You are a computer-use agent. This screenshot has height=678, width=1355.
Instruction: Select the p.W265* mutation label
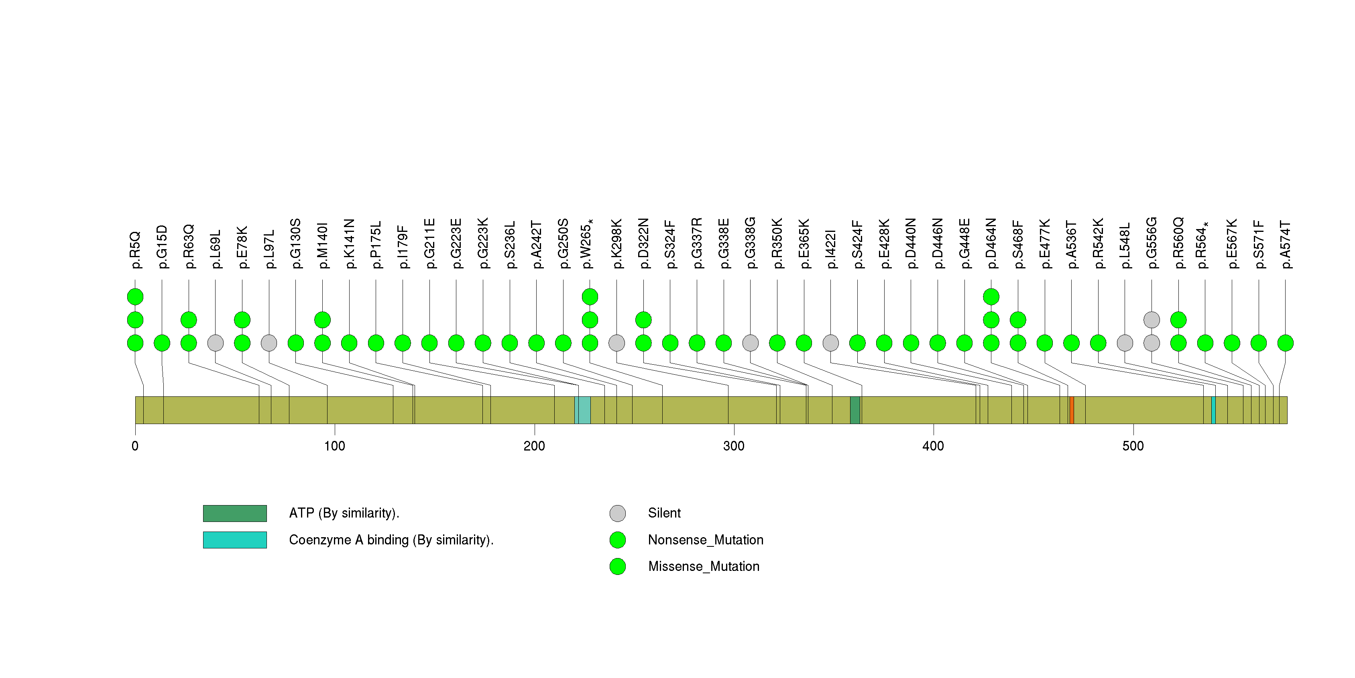[x=587, y=244]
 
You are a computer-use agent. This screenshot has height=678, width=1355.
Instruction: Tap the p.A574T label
[x=1286, y=245]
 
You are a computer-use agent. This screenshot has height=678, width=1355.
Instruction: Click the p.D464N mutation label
[x=991, y=244]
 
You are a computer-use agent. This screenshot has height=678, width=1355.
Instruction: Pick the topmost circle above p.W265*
[x=590, y=297]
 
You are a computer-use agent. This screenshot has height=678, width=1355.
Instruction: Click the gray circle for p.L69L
[x=215, y=343]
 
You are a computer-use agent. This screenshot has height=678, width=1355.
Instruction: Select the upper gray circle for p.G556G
[x=1152, y=320]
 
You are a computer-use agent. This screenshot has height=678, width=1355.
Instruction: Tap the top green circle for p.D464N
[x=991, y=297]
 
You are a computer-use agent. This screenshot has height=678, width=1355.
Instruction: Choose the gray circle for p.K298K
[x=616, y=343]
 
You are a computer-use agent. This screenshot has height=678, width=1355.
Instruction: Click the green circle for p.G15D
[x=162, y=343]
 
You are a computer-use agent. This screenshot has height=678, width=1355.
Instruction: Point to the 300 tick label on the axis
[x=734, y=446]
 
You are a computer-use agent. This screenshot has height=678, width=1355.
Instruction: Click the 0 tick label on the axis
[x=135, y=446]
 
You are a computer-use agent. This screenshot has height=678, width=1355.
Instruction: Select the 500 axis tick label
[x=1133, y=446]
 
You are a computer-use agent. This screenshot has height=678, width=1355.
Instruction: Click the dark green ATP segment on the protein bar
[x=855, y=410]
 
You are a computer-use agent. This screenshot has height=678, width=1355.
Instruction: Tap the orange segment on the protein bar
[x=1072, y=410]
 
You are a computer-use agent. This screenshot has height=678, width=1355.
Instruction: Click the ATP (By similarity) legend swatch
[x=235, y=514]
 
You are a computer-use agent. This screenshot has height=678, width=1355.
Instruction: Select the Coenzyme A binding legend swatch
[x=235, y=540]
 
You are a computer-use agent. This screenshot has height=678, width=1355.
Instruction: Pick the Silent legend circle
[x=618, y=514]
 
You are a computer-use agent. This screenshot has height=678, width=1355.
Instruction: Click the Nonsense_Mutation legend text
[x=705, y=540]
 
